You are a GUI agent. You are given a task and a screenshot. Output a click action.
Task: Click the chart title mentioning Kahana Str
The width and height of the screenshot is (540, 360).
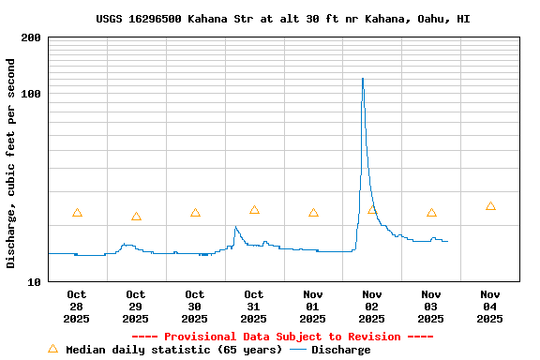pyautogui.click(x=283, y=19)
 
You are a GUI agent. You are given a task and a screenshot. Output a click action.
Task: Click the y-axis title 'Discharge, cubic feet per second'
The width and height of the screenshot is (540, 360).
pyautogui.click(x=11, y=163)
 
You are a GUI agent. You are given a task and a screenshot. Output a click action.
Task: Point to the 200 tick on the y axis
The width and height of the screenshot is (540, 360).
pyautogui.click(x=31, y=37)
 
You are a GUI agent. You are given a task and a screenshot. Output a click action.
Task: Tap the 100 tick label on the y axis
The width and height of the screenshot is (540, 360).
pyautogui.click(x=31, y=94)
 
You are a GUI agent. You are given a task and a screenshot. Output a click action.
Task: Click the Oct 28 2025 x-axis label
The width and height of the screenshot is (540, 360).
pyautogui.click(x=77, y=307)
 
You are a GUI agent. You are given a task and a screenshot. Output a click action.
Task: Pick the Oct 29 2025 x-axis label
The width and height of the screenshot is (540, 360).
pyautogui.click(x=136, y=307)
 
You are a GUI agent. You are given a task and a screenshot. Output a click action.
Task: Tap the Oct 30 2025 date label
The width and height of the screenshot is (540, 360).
pyautogui.click(x=195, y=307)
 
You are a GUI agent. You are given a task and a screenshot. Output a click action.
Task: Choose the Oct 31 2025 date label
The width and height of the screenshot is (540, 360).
pyautogui.click(x=254, y=307)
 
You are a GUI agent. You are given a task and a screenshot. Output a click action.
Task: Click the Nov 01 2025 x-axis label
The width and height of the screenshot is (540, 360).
pyautogui.click(x=313, y=307)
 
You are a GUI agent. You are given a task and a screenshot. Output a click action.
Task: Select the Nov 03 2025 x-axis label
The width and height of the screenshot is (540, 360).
pyautogui.click(x=431, y=307)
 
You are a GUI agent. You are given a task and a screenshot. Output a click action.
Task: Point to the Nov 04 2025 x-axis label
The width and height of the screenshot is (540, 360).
pyautogui.click(x=490, y=307)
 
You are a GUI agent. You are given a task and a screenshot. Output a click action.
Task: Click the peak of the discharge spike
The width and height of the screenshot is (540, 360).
pyautogui.click(x=363, y=79)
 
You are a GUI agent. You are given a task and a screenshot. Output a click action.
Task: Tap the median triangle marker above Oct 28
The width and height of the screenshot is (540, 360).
pyautogui.click(x=77, y=213)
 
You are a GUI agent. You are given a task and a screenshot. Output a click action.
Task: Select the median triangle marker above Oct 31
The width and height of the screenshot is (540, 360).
pyautogui.click(x=254, y=210)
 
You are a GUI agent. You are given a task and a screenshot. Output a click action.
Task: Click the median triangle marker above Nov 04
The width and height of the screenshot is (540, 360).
pyautogui.click(x=490, y=206)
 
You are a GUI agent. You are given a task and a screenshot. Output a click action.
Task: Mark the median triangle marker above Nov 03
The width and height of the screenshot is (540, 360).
pyautogui.click(x=431, y=213)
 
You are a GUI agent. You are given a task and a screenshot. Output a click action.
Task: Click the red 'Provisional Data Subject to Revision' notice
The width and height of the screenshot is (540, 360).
pyautogui.click(x=283, y=337)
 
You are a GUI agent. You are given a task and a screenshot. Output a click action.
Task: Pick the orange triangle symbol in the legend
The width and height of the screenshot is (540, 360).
pyautogui.click(x=52, y=349)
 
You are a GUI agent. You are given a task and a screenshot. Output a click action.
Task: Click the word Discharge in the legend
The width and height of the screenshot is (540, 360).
pyautogui.click(x=341, y=350)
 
